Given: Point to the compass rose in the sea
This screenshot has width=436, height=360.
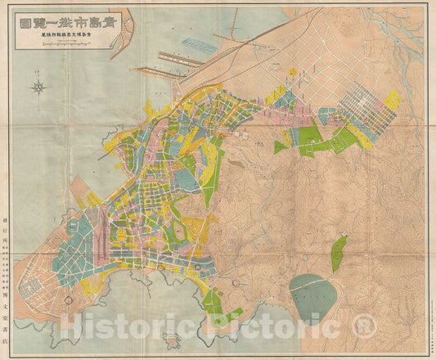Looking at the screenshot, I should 39,87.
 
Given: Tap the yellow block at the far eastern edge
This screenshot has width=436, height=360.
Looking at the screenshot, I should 393,100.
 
